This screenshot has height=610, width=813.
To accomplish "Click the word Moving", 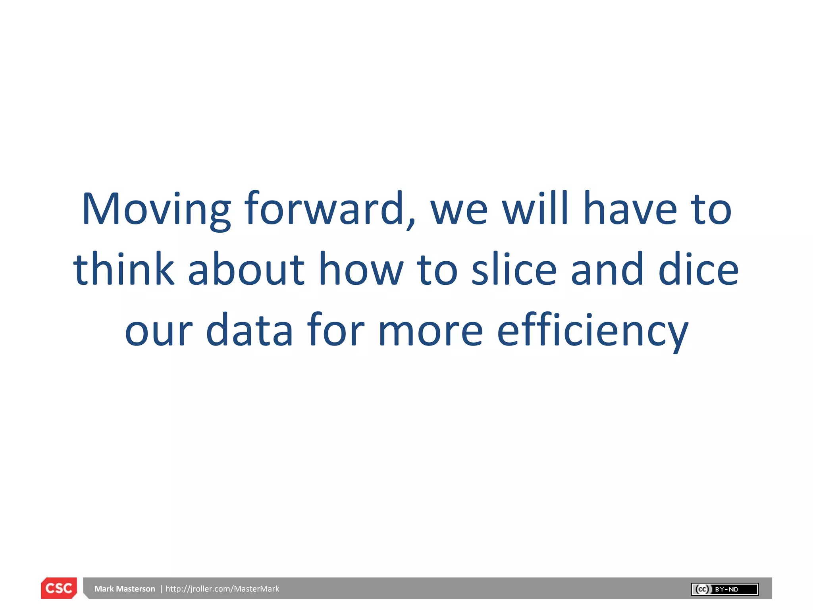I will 156,210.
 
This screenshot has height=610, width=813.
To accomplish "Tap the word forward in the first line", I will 324,209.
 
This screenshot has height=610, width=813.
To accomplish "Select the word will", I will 536,209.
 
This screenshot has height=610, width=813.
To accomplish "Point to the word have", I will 630,209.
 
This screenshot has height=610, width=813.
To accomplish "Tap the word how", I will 361,270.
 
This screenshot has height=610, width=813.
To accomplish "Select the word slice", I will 514,270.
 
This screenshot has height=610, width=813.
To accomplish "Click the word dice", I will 698,270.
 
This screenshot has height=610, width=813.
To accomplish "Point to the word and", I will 607,270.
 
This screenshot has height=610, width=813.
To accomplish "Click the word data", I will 249,330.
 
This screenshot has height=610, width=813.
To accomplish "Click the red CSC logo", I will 59,588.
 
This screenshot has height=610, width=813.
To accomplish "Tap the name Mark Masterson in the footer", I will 125,589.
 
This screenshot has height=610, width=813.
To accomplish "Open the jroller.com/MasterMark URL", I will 222,589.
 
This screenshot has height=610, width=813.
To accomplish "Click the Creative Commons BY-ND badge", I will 724,589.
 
